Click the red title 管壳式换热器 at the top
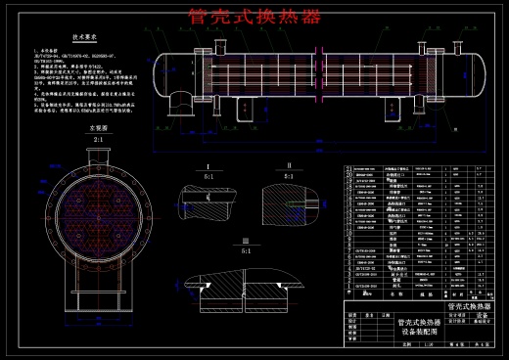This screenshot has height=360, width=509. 254,16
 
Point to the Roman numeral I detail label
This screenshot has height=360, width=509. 209,167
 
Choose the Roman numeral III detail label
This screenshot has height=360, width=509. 246,241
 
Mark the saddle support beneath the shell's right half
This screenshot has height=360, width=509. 391,106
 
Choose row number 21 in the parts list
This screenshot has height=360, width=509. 349,168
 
